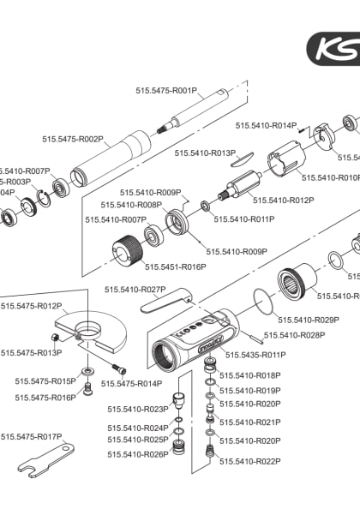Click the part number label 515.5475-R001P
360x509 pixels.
tap(166, 89)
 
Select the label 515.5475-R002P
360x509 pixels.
tap(73, 138)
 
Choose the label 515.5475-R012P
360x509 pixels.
tap(32, 306)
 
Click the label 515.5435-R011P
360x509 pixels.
tap(255, 354)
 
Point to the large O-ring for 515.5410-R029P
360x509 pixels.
tap(265, 300)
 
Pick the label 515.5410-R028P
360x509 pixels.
tap(294, 335)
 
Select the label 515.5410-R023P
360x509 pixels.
tap(138, 409)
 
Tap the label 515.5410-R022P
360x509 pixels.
tap(250, 461)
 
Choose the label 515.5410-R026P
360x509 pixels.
tap(138, 454)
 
